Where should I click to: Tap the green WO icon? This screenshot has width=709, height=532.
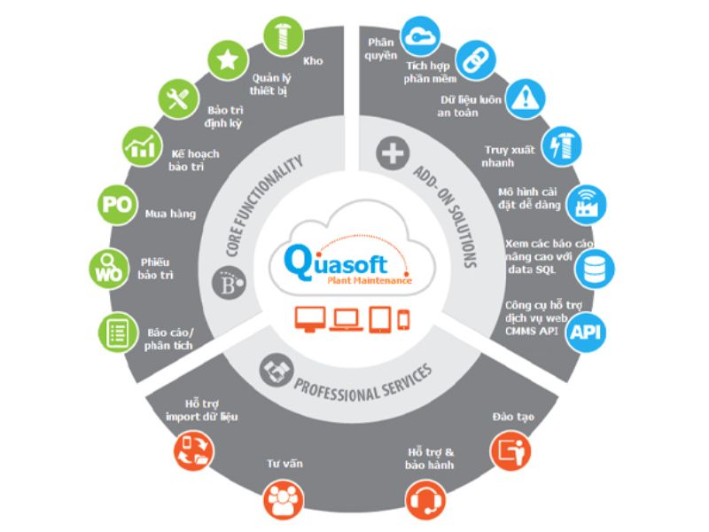[109, 270]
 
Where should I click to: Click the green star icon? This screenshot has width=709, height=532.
[227, 60]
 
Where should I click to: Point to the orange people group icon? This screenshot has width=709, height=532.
[283, 502]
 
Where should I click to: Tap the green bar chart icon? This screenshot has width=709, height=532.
[139, 145]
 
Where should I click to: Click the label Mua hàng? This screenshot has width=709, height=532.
[170, 214]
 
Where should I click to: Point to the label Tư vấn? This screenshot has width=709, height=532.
[282, 463]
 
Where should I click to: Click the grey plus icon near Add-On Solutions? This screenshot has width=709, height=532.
[391, 153]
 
